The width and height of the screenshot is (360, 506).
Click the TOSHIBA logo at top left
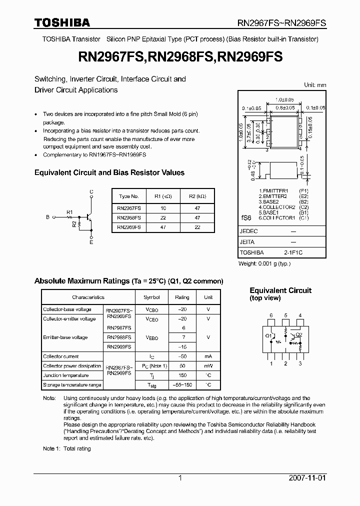click(62, 22)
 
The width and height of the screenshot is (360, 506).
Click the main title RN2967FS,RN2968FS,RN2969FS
click(179, 57)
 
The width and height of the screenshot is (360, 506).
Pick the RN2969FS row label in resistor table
click(128, 226)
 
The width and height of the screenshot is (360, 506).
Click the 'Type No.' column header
click(128, 196)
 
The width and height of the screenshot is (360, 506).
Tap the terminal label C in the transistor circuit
click(91, 191)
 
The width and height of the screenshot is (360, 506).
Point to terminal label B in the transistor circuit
click(47, 217)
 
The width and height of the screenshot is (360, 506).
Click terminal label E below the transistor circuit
click(91, 242)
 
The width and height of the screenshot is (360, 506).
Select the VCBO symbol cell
click(151, 309)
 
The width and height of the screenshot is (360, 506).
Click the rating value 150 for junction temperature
click(182, 375)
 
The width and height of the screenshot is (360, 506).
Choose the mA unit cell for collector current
click(208, 356)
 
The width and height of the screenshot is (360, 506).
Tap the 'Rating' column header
click(182, 297)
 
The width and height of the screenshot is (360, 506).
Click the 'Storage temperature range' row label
click(72, 384)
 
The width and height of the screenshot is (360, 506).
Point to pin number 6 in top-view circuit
click(271, 315)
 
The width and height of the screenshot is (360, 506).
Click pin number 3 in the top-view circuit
click(299, 363)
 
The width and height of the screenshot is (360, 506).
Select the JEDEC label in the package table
click(248, 231)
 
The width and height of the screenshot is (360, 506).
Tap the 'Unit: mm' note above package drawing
click(314, 85)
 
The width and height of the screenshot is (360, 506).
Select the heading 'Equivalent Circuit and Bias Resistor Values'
click(109, 172)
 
